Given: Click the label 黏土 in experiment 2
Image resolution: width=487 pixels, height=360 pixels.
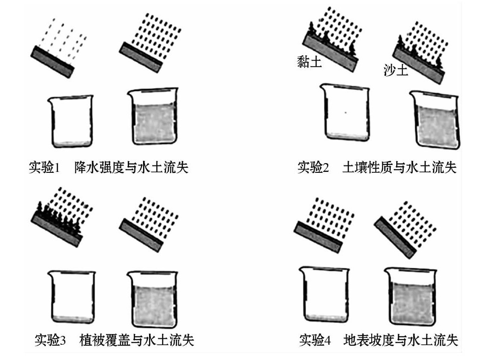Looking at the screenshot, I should (x=309, y=62).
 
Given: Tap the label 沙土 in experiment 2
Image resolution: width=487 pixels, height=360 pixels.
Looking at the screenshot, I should (x=396, y=70).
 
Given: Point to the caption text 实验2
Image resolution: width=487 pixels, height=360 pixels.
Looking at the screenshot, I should (x=313, y=167).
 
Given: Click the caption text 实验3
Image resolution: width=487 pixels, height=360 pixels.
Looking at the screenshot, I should (x=50, y=341).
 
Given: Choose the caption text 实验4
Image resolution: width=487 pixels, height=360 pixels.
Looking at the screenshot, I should (x=315, y=341).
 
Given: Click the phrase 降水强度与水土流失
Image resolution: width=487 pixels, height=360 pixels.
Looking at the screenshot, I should (x=131, y=167).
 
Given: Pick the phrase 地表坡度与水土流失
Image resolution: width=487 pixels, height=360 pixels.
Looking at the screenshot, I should (x=401, y=341).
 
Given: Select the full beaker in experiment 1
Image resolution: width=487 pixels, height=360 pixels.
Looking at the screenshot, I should (x=153, y=118).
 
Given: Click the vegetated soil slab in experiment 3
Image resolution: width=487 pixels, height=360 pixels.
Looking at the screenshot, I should (x=57, y=224).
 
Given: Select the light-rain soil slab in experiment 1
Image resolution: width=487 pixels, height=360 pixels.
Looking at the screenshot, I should (x=52, y=61).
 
